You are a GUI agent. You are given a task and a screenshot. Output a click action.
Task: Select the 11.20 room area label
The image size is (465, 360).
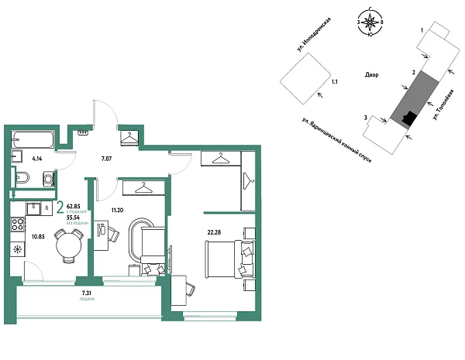[x=119, y=210]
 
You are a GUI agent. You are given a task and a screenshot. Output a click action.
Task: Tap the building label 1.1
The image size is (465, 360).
[x=334, y=81]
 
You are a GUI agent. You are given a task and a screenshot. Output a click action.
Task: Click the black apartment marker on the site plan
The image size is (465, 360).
[x=408, y=118]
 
